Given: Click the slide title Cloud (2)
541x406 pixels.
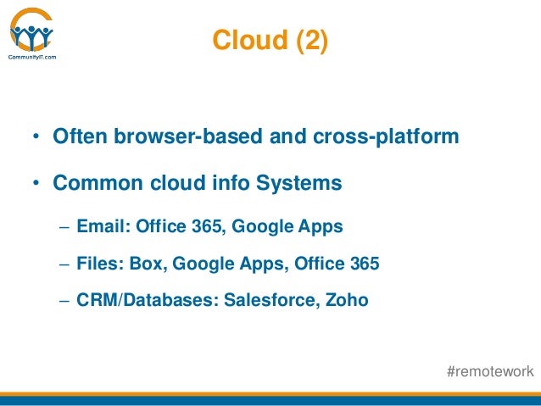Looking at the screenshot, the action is click(x=268, y=41).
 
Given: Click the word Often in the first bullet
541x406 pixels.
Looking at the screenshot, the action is click(x=77, y=136).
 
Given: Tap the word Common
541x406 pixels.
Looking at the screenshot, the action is click(x=92, y=182).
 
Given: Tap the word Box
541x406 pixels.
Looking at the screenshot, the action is click(x=147, y=264).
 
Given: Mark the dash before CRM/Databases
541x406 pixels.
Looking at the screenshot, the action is click(x=64, y=300).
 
